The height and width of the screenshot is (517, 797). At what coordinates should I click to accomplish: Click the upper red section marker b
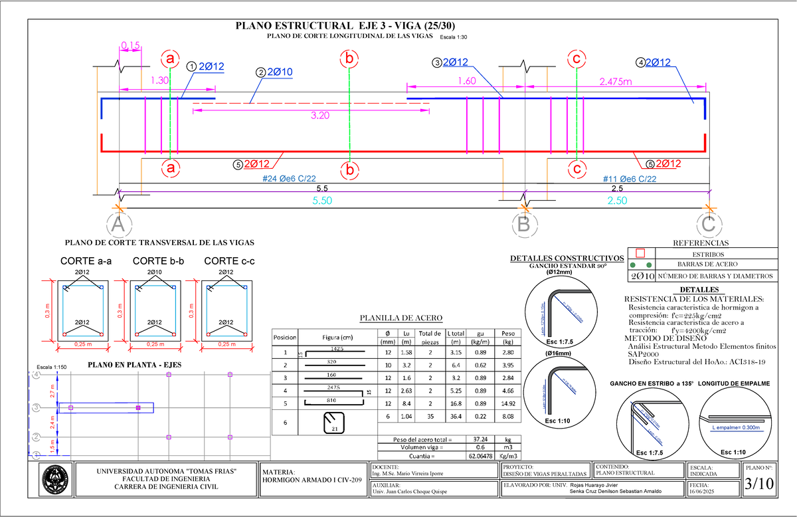point(348,59)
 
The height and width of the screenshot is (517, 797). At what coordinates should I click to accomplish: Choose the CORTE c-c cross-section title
point(229,260)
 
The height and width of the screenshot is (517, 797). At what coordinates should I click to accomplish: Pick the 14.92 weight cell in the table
point(508,403)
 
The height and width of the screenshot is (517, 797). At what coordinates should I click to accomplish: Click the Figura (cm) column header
point(336,337)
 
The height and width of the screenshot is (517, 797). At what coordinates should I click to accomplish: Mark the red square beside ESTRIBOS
point(640,253)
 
